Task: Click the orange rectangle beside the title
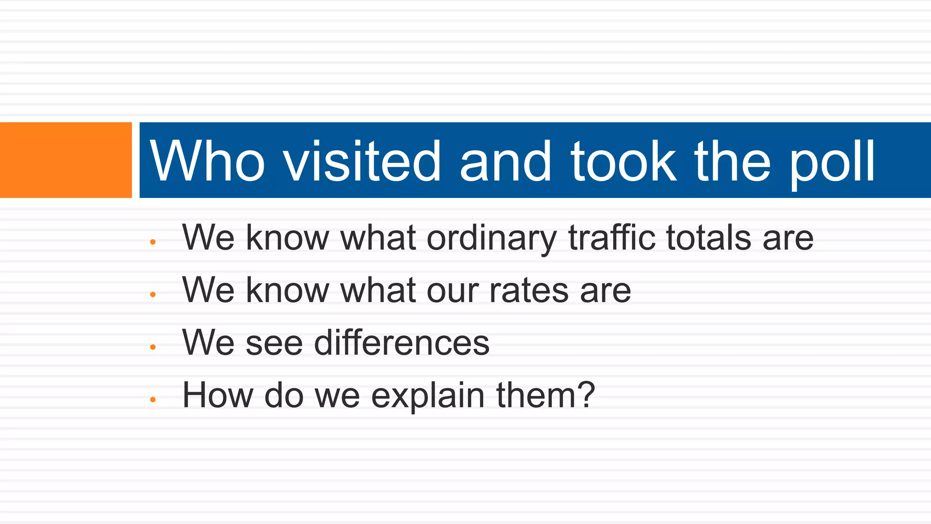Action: pos(66,160)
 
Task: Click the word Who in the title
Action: pos(207,161)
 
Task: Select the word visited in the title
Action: pos(362,161)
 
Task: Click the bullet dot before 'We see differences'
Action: pos(153,347)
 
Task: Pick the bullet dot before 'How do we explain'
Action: pos(153,399)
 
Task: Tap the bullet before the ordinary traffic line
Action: pos(153,242)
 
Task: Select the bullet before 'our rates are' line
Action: pos(153,295)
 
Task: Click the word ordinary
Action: pos(491,239)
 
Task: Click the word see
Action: pos(274,344)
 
